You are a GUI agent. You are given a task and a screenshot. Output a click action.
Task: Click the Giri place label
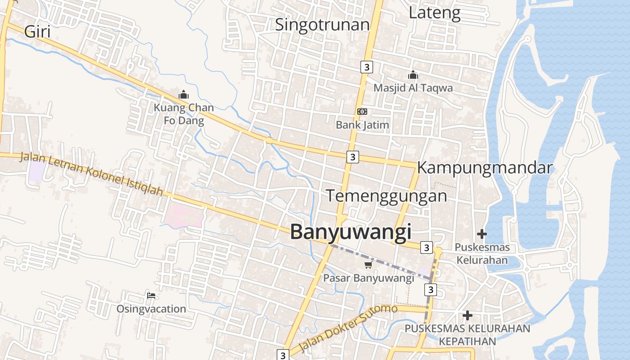click(x=37, y=32)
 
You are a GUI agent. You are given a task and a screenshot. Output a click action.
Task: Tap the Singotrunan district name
click(x=322, y=24)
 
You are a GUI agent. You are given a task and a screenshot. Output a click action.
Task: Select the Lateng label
click(x=434, y=13)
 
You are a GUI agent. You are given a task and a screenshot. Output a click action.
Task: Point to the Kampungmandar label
click(x=484, y=168)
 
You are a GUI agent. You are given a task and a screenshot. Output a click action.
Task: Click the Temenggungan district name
click(x=386, y=196)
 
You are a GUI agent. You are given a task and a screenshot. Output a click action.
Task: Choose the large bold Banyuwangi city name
click(x=351, y=232)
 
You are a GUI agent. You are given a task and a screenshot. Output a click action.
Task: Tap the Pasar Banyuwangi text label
click(x=369, y=278)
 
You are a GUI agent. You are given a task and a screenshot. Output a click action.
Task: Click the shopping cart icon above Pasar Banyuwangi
click(x=369, y=265)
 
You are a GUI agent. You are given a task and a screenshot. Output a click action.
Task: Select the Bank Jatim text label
click(x=362, y=125)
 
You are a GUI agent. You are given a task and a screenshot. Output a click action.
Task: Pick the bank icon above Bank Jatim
click(x=362, y=112)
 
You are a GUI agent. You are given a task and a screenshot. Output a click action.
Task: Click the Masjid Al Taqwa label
click(x=413, y=88)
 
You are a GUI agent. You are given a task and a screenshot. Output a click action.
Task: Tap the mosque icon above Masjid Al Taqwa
click(x=413, y=75)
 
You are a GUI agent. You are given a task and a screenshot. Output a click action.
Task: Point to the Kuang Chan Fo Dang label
click(x=184, y=114)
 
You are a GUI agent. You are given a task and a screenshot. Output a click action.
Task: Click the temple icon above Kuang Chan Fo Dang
click(x=184, y=94)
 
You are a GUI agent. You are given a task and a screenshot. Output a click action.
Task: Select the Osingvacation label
click(x=151, y=309)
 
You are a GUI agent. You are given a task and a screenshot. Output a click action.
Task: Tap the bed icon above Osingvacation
click(x=151, y=296)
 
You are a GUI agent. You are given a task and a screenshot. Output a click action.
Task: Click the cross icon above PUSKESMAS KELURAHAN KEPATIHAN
click(x=468, y=315)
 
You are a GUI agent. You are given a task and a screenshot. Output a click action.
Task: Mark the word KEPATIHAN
click(x=467, y=341)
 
